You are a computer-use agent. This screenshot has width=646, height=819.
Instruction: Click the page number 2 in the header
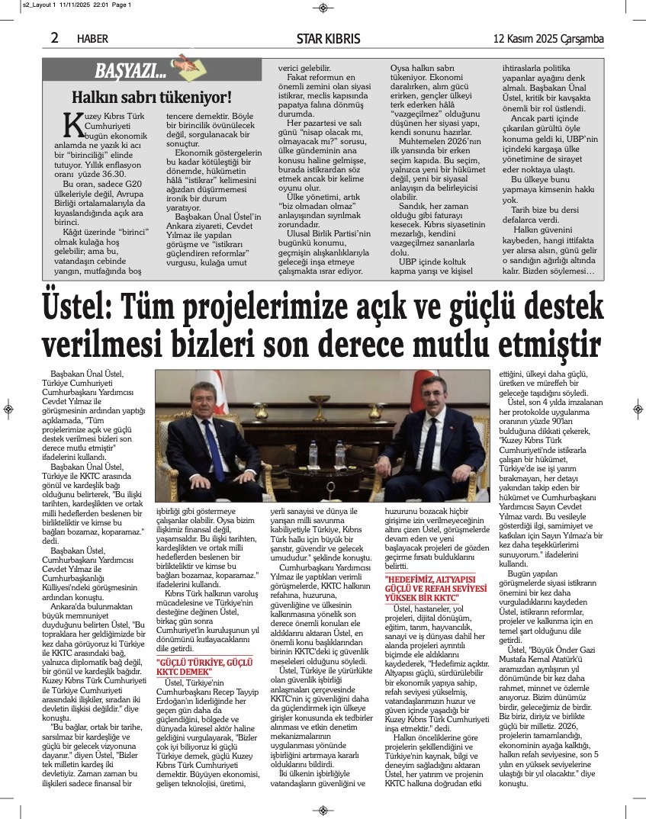(x=55, y=37)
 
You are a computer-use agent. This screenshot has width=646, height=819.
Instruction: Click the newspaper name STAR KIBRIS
(x=329, y=39)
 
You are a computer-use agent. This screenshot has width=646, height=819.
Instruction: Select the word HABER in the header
(x=93, y=39)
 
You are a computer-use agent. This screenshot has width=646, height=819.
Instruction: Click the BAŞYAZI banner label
(x=130, y=72)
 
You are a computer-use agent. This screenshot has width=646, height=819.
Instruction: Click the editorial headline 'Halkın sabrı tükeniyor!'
(x=151, y=97)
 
